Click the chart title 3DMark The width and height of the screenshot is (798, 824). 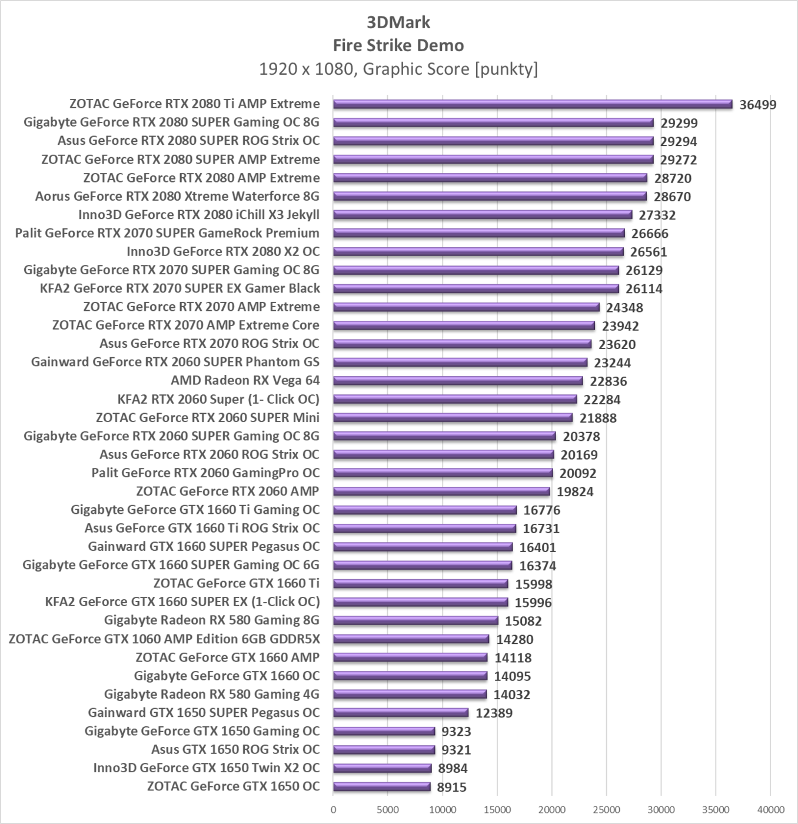398,22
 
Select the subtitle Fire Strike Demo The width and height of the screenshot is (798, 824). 398,45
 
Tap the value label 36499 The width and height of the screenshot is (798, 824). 758,105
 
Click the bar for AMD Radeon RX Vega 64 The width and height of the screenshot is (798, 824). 458,381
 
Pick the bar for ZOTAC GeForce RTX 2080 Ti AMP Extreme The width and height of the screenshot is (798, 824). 533,104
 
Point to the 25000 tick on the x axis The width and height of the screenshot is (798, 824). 606,809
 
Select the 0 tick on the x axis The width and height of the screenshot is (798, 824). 334,809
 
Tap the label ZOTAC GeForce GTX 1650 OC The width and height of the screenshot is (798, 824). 233,786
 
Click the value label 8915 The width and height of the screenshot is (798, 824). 452,787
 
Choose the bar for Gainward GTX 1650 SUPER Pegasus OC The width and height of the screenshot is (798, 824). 401,713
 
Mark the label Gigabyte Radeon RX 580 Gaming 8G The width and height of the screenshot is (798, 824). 212,620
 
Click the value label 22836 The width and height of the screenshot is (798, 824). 608,381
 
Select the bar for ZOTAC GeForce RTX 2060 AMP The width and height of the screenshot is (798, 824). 441,491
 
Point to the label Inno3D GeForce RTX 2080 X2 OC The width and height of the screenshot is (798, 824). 223,251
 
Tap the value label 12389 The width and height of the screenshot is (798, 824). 494,713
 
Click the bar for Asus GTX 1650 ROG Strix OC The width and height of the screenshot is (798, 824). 384,750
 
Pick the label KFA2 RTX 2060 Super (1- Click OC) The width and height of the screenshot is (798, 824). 218,399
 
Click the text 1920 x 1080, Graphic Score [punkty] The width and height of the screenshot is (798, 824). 398,69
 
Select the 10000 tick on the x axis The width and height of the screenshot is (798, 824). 443,809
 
